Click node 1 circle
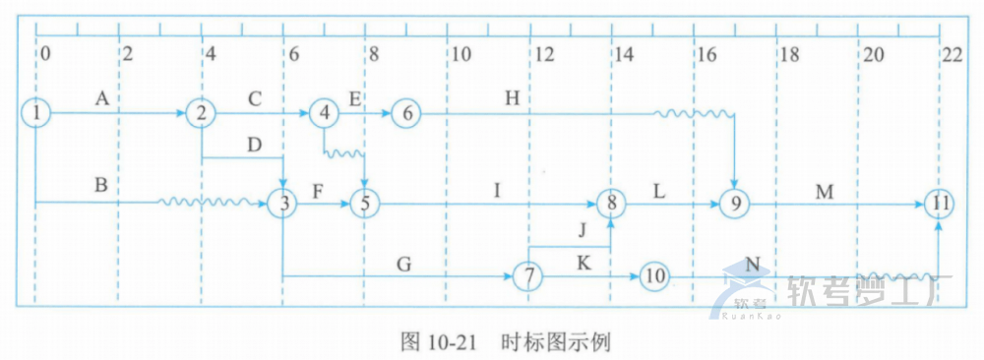click(x=35, y=113)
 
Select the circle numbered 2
click(x=201, y=113)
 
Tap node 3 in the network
click(x=283, y=204)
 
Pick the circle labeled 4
click(x=324, y=113)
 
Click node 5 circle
click(x=365, y=204)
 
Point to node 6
click(x=406, y=113)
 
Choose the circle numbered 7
click(x=529, y=276)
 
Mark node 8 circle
click(x=611, y=204)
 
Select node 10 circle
click(x=653, y=276)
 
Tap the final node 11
click(x=940, y=204)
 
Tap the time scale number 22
click(x=951, y=55)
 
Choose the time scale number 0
click(x=44, y=55)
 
